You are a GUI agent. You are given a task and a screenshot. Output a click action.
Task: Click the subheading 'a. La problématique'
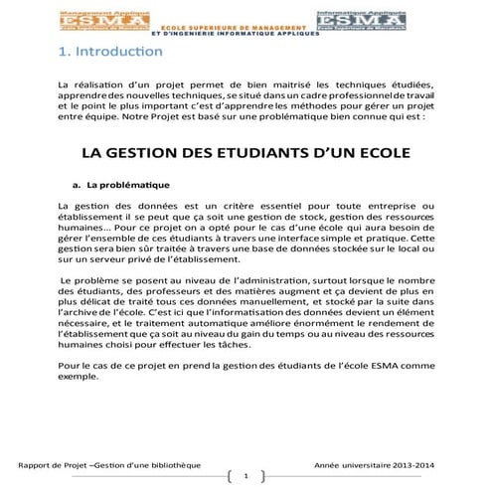click(x=122, y=185)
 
